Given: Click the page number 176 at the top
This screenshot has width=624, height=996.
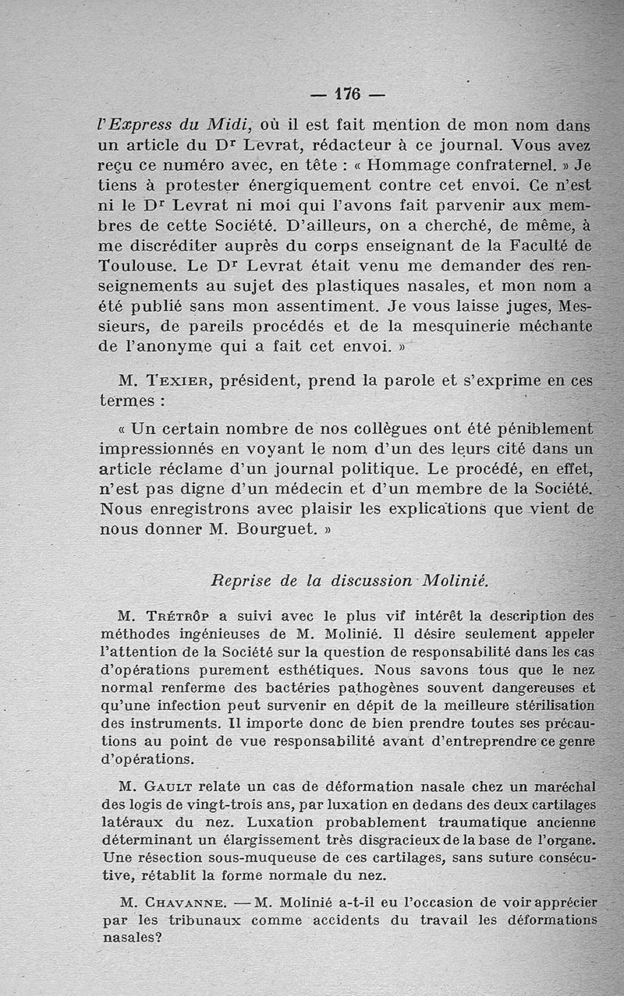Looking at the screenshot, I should click(x=347, y=94).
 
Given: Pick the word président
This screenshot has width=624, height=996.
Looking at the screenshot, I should click(x=261, y=381).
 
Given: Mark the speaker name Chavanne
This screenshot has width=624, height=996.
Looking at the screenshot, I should click(x=186, y=903).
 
